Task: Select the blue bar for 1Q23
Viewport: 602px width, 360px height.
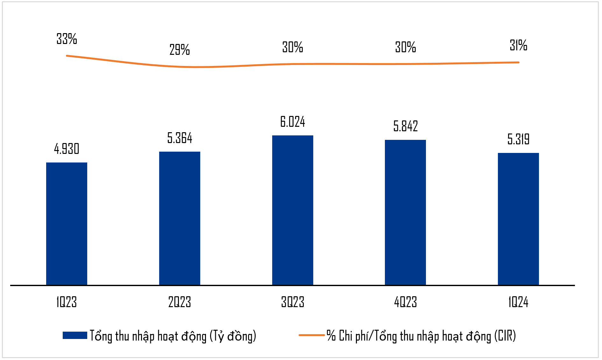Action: tap(67, 223)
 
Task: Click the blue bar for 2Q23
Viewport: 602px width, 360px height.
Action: tap(180, 218)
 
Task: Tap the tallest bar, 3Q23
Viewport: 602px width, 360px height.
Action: tap(293, 210)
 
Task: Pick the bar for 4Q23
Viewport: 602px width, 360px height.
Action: tap(405, 212)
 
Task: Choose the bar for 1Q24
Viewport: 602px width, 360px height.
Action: tap(518, 219)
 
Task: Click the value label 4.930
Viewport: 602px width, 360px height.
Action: tap(67, 149)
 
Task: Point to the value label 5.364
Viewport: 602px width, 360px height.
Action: tap(180, 138)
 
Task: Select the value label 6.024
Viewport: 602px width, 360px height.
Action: tap(293, 122)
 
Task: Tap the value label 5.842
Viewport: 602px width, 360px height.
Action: tap(405, 126)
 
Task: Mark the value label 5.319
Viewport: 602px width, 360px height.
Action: tap(518, 139)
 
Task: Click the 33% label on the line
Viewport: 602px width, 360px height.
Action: tap(67, 39)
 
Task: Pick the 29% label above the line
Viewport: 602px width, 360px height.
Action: tap(180, 50)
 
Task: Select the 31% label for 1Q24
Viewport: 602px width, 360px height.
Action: tap(518, 45)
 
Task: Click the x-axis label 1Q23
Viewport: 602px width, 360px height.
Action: tap(67, 302)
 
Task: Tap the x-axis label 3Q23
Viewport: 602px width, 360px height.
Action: tap(293, 302)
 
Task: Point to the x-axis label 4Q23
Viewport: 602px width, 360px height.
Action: tap(405, 302)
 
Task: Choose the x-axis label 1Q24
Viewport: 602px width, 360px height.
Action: tap(518, 302)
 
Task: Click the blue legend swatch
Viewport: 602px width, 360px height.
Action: tap(75, 335)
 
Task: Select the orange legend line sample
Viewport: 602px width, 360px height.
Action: tap(311, 335)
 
